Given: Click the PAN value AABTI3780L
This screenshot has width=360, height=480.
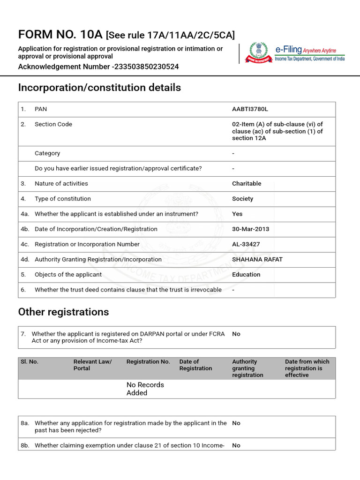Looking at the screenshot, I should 250,109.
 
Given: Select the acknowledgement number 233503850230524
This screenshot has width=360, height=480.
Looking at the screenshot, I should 146,67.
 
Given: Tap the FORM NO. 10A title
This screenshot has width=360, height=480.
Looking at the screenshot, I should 60,35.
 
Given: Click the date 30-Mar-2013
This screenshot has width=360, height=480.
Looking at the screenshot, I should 250,229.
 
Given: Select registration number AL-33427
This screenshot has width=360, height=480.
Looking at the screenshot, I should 246,244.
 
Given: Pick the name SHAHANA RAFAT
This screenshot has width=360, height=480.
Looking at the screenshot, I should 257,259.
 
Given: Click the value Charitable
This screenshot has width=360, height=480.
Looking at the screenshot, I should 247,184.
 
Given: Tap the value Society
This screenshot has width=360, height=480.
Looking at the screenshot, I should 242,199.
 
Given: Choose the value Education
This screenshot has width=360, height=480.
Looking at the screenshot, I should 246,275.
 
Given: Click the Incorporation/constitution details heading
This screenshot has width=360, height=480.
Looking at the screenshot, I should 99,88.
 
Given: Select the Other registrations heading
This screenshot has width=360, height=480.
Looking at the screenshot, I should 63,312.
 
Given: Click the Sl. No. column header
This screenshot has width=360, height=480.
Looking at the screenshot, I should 30,362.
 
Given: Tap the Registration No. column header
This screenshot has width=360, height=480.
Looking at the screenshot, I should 148,362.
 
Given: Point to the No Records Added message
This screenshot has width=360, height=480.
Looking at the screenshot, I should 145,389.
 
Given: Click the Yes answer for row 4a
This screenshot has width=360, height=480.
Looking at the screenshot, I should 237,214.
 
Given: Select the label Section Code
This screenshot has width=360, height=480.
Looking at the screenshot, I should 53,124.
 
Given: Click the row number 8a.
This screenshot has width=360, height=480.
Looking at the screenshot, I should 25,423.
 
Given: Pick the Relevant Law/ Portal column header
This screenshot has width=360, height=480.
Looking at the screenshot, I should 92,365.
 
